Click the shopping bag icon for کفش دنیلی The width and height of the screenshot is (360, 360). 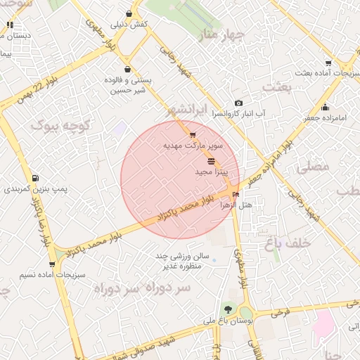click(x=129, y=13)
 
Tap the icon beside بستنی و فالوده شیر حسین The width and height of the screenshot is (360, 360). click(x=127, y=69)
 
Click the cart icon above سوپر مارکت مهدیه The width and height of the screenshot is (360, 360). click(x=193, y=134)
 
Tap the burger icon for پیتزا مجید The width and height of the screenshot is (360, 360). click(x=212, y=162)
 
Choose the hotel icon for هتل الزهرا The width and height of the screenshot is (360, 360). click(x=235, y=194)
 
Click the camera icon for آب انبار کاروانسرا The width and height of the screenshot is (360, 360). click(x=238, y=103)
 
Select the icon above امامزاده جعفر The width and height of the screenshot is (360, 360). click(x=325, y=108)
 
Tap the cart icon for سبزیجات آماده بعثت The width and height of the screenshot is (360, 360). click(x=328, y=63)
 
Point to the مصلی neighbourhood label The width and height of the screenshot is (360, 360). click(x=313, y=167)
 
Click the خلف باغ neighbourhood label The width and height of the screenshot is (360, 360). click(x=288, y=243)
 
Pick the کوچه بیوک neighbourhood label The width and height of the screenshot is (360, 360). click(x=63, y=127)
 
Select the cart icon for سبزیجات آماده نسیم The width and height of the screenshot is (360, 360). click(x=52, y=264)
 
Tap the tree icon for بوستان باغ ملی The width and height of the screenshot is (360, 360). click(x=228, y=309)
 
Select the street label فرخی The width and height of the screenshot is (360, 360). click(x=281, y=311)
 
